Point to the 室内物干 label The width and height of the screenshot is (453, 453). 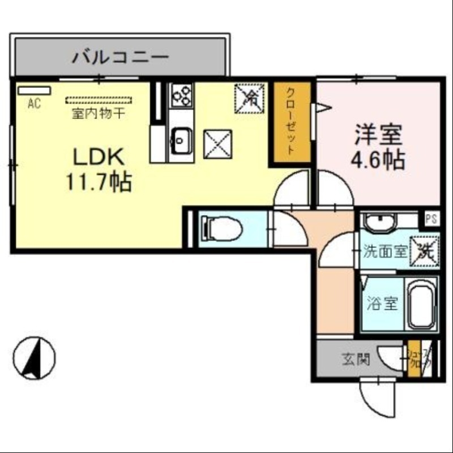(99, 113)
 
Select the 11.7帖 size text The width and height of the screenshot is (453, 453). (97, 182)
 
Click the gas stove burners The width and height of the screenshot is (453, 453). (182, 94)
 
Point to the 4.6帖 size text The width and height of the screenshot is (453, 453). (378, 160)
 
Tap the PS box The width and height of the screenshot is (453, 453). (431, 219)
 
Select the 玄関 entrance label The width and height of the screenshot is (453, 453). (356, 358)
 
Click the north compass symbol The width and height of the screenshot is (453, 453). (35, 358)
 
